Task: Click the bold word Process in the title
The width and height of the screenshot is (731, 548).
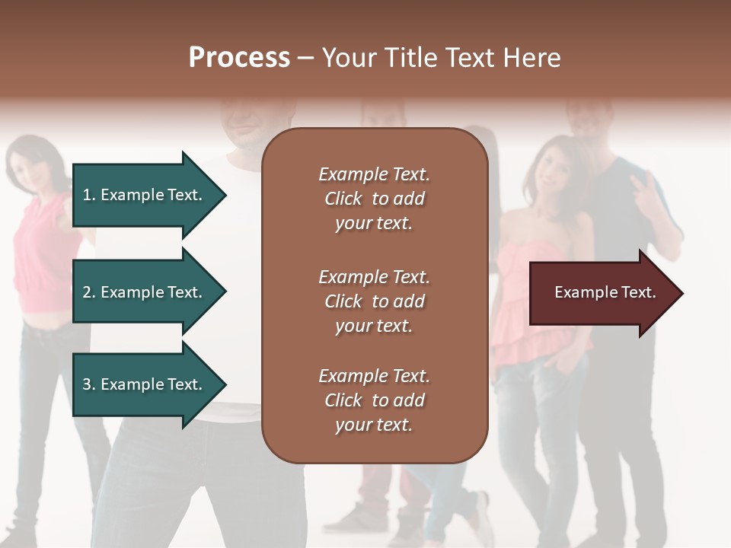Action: (x=239, y=58)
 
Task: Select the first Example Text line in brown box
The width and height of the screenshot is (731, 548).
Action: (x=374, y=174)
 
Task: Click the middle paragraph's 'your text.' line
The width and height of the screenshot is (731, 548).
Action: (x=373, y=326)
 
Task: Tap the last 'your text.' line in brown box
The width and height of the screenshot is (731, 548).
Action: (x=373, y=425)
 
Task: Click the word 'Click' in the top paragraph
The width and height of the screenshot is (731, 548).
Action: (x=343, y=199)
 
